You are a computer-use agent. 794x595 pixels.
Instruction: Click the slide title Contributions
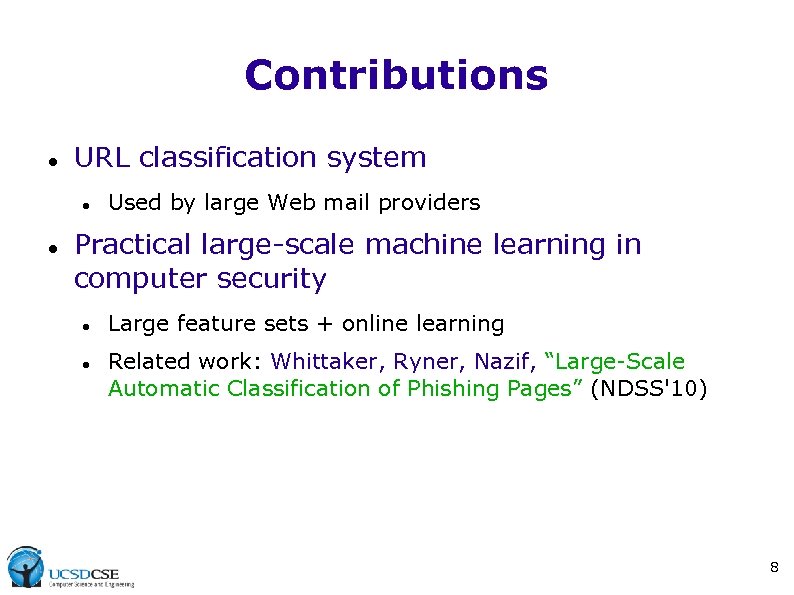(x=396, y=75)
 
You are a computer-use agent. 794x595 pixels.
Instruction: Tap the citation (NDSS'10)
(x=649, y=388)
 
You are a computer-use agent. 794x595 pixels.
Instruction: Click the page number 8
(x=774, y=568)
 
